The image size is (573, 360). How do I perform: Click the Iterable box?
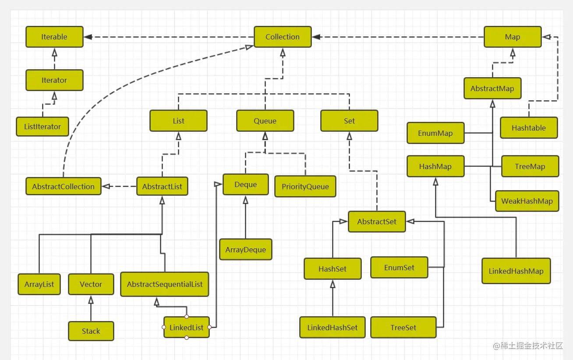tap(54, 37)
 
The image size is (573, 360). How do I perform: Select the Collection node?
tap(283, 37)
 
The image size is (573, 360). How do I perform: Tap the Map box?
tap(512, 37)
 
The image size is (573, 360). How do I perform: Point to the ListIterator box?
tap(42, 127)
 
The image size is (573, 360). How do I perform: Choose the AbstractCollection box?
tap(63, 187)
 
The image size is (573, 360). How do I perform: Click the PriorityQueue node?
tap(305, 187)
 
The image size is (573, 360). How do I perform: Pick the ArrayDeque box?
tap(245, 250)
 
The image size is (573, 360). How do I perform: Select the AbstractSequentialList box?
tap(165, 284)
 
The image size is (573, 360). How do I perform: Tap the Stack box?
tap(91, 331)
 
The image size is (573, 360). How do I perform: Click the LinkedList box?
tap(186, 328)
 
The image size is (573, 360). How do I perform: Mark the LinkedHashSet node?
tap(332, 328)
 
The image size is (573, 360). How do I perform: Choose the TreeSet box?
tap(403, 328)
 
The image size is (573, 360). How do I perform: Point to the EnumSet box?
tap(399, 268)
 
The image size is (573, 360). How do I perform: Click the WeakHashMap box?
tap(527, 201)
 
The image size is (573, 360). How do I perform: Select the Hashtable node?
tap(528, 128)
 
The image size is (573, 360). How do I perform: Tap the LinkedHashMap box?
tap(516, 271)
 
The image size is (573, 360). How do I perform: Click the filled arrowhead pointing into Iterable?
tap(88, 37)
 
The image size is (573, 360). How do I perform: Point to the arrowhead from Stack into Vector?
tap(91, 300)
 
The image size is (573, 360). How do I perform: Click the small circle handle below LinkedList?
tap(187, 337)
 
